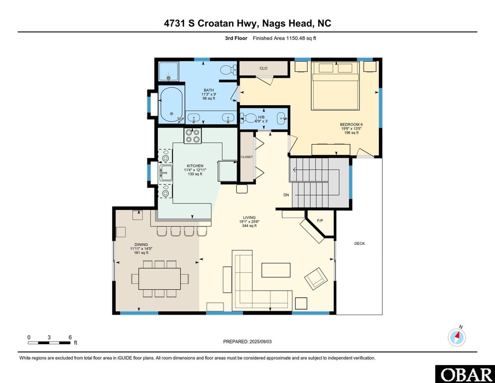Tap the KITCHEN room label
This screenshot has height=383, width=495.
tap(195, 166)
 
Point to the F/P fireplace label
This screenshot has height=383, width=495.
tap(320, 220)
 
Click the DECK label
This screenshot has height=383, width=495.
tap(360, 243)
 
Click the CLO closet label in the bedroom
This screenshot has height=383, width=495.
tap(263, 68)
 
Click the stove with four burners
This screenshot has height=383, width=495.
tap(193, 136)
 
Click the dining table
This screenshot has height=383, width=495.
tap(159, 279)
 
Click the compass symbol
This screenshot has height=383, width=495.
tap(457, 337)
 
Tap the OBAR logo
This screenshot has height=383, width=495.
tap(464, 374)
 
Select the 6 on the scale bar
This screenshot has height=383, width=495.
tap(70, 337)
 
